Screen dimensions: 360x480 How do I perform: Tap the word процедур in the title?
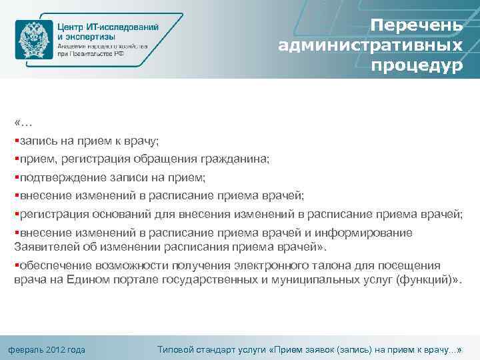pyautogui.click(x=417, y=67)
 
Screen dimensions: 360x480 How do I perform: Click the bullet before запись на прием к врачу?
pyautogui.click(x=16, y=141)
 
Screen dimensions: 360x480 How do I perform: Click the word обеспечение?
pyautogui.click(x=55, y=266)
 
